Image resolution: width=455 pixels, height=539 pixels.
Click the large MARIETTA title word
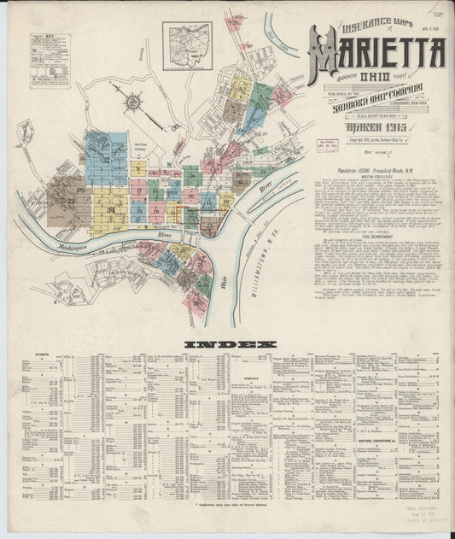point(376,56)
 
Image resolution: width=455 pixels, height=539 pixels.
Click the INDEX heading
point(231,344)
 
